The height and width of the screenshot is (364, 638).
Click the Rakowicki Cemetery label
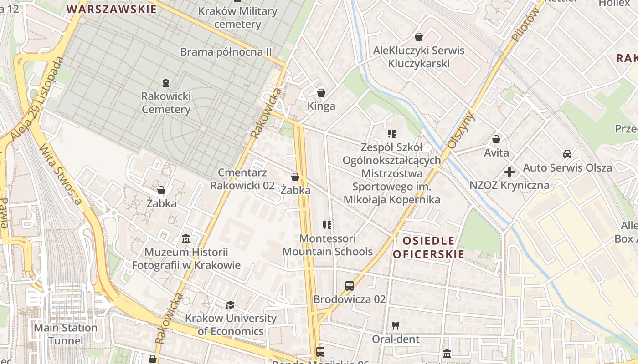click(166, 103)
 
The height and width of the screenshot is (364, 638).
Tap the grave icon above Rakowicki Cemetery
click(166, 83)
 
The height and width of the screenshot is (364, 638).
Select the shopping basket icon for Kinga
click(321, 93)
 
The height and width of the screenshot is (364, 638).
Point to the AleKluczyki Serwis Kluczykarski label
click(418, 57)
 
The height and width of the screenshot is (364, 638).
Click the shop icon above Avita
click(496, 139)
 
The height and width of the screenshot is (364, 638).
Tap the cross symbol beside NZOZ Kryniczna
click(509, 172)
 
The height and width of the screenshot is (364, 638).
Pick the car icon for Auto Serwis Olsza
click(567, 154)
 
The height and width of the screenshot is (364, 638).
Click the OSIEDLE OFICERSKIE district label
click(428, 248)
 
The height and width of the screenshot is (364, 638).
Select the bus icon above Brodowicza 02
click(350, 286)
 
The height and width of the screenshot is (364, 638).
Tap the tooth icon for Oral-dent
click(396, 325)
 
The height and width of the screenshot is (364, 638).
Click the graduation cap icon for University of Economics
click(231, 305)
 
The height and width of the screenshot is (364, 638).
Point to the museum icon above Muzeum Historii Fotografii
click(186, 238)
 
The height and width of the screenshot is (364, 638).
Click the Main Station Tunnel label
click(66, 334)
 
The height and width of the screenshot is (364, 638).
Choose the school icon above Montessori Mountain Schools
click(327, 225)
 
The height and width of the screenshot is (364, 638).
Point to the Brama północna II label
click(226, 52)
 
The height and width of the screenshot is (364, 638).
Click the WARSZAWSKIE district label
click(112, 9)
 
